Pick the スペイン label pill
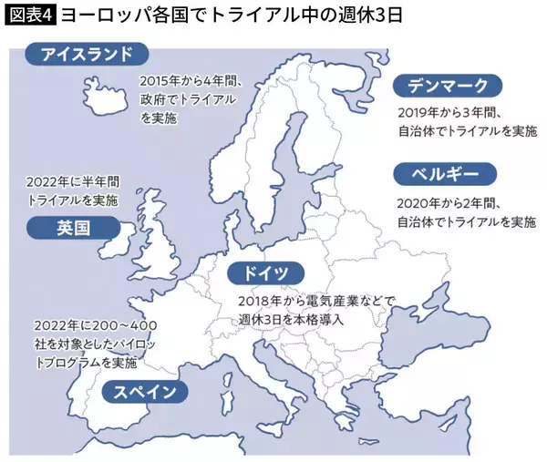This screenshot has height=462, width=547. tap(146, 393)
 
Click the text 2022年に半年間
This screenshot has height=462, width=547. tap(73, 180)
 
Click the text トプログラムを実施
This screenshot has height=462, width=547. tap(86, 363)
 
